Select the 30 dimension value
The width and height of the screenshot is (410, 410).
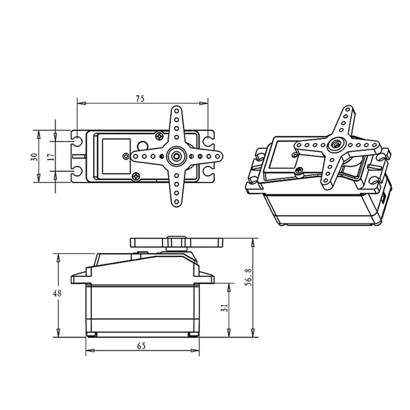pos(33,156)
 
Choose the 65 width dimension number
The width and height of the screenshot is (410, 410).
pos(141,345)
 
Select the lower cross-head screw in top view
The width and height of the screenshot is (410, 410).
pos(136,177)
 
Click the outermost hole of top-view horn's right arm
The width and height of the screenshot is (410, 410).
pos(217,156)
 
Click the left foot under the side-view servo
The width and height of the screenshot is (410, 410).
pos(92,335)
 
